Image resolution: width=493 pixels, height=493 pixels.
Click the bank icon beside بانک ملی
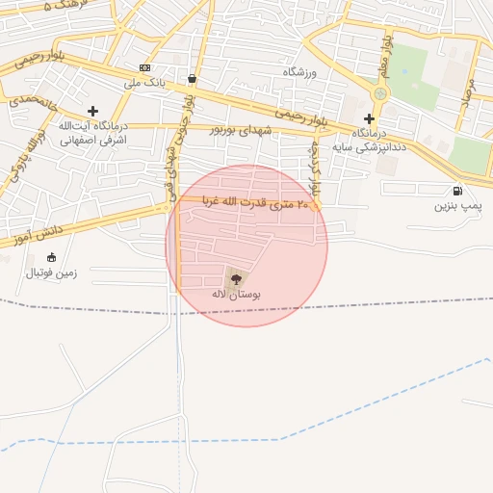point(144,67)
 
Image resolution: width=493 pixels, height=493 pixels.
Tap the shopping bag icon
point(193,79)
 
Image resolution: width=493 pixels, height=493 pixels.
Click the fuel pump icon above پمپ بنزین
point(455,190)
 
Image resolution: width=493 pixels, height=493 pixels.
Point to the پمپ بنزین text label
point(455,205)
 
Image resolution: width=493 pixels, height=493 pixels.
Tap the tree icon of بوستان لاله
point(237,277)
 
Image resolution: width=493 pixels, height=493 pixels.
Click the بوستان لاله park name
point(237,294)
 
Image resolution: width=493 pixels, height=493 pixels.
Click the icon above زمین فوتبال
point(51,257)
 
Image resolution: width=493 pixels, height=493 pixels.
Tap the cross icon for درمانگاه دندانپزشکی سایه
point(369,118)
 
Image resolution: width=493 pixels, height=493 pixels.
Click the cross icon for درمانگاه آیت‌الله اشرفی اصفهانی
point(92,111)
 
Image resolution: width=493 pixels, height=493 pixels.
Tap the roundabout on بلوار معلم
point(379,93)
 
